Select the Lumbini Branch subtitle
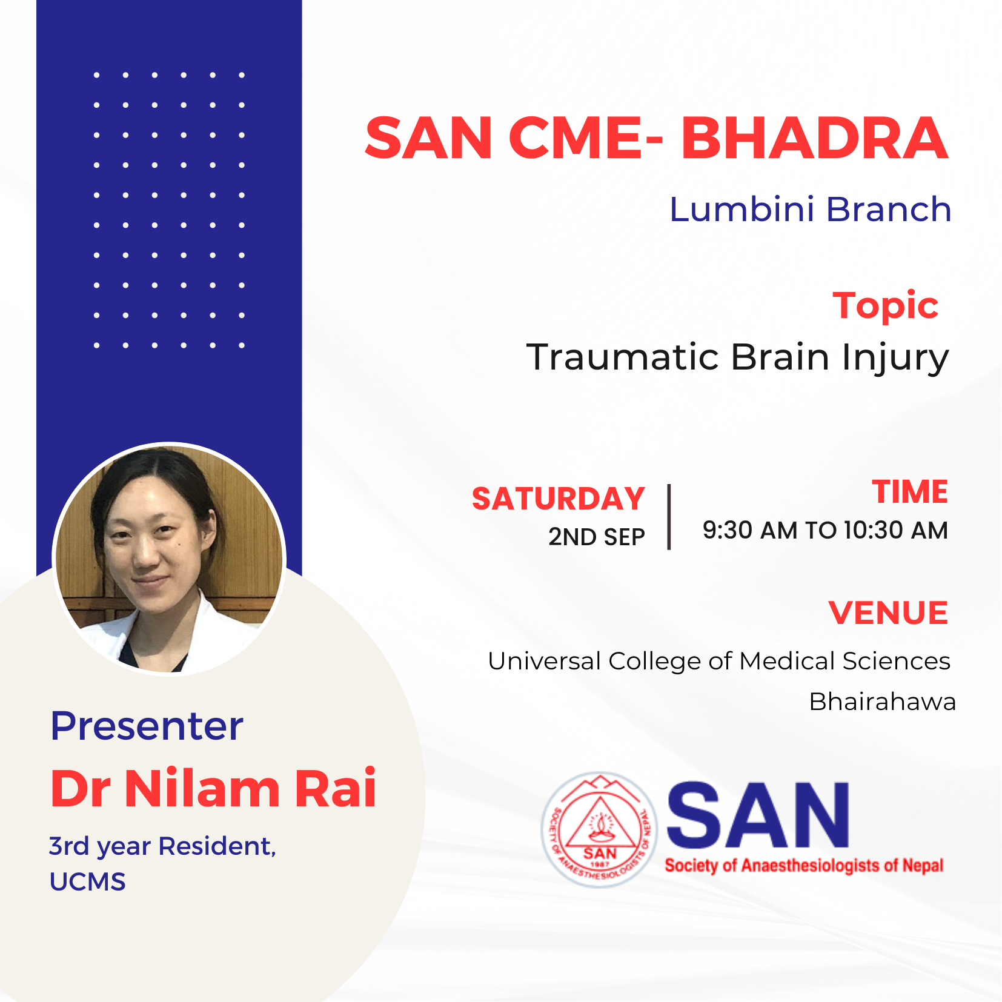810,210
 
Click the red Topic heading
885,306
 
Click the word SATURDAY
558,499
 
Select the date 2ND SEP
597,537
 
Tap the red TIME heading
910,491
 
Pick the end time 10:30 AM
896,530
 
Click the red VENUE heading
888,612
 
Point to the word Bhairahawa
883,702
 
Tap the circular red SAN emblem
600,829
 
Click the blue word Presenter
147,726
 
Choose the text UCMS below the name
88,882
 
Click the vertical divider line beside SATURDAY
669,517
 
